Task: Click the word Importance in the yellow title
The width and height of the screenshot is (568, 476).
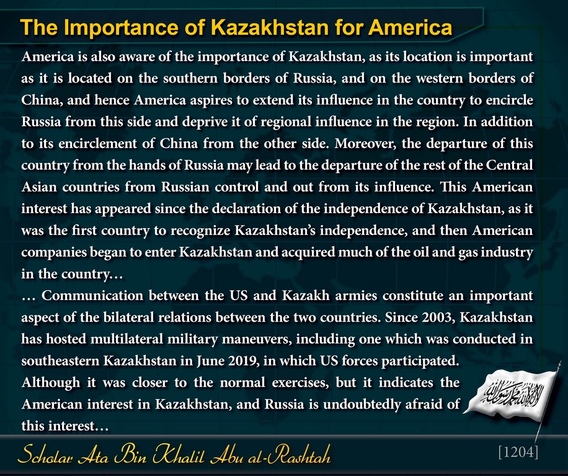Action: [x=121, y=27]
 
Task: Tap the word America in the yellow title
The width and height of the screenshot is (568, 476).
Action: [x=410, y=27]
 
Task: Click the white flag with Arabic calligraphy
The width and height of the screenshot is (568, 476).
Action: [x=512, y=395]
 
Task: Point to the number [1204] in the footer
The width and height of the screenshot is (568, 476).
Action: [x=518, y=452]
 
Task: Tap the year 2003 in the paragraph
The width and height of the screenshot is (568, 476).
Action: [x=437, y=317]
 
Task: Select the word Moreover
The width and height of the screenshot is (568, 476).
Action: [x=365, y=144]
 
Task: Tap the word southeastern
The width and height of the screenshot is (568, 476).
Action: [x=60, y=361]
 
